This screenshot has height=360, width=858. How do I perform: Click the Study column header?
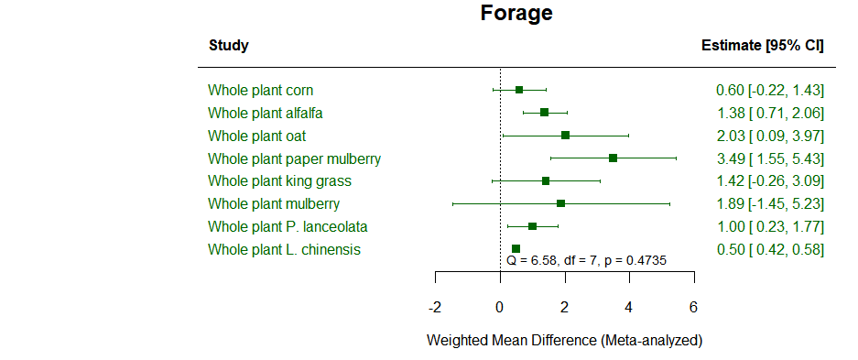(x=229, y=46)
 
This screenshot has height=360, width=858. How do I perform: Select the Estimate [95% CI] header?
(x=762, y=46)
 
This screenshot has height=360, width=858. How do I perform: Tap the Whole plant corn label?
(x=260, y=90)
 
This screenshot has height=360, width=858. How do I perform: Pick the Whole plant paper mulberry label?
(x=294, y=158)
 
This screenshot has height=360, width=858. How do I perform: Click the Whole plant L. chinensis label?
(x=284, y=249)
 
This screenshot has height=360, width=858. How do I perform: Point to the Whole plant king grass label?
(x=279, y=181)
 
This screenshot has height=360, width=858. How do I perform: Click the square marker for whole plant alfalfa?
(x=544, y=113)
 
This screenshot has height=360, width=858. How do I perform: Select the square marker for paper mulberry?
(x=613, y=158)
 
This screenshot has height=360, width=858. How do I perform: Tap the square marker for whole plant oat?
(x=565, y=136)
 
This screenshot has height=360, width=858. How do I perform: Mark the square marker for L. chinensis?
(x=516, y=248)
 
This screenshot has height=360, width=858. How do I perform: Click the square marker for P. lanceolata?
(x=532, y=226)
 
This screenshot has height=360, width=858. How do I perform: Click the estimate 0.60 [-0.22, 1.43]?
(x=769, y=90)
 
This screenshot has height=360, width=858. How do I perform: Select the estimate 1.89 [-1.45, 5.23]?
(x=769, y=203)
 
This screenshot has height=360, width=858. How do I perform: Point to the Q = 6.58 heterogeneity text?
(x=586, y=261)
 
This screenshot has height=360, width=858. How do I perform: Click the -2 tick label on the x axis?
(x=435, y=306)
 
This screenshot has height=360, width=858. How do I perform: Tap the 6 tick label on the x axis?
(x=693, y=306)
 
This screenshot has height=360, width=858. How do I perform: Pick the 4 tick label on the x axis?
(x=629, y=306)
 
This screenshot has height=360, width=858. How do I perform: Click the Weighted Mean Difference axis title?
(x=564, y=341)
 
